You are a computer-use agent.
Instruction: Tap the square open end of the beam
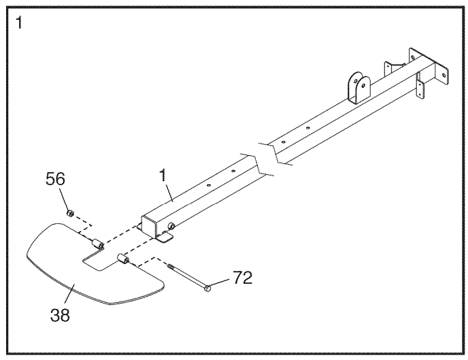pyautogui.click(x=150, y=227)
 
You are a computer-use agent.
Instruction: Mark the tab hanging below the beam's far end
pyautogui.click(x=420, y=88)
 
